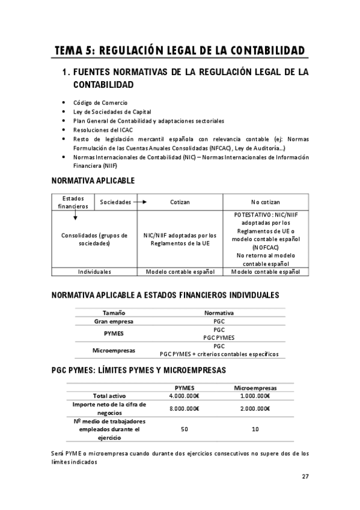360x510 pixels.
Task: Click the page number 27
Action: (x=305, y=476)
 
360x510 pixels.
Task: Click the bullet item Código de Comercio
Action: (x=100, y=103)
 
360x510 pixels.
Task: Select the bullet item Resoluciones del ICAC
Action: (x=103, y=129)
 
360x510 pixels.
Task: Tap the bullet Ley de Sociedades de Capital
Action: (x=112, y=112)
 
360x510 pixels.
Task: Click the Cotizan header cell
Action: (x=180, y=202)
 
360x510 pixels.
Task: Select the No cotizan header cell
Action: (x=265, y=202)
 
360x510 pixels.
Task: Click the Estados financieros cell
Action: (x=73, y=202)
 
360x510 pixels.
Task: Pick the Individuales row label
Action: (x=94, y=272)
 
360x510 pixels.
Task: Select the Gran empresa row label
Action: (x=114, y=322)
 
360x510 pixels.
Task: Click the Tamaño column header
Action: (x=114, y=313)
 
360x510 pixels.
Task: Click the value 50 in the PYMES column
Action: (x=185, y=429)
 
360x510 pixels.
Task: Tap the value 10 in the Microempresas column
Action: (x=255, y=429)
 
